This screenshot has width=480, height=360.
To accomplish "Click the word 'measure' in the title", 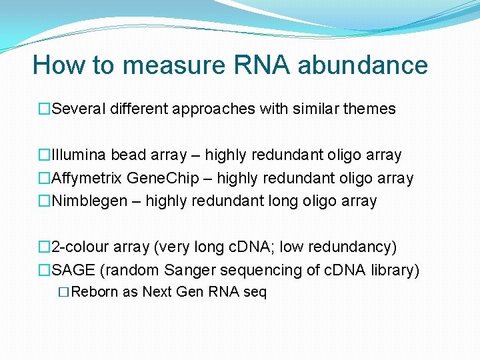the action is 175,65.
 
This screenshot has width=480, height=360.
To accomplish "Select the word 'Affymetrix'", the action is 87,178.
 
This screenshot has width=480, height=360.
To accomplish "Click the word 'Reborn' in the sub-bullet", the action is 95,292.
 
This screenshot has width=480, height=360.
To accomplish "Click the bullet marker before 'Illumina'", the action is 44,155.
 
